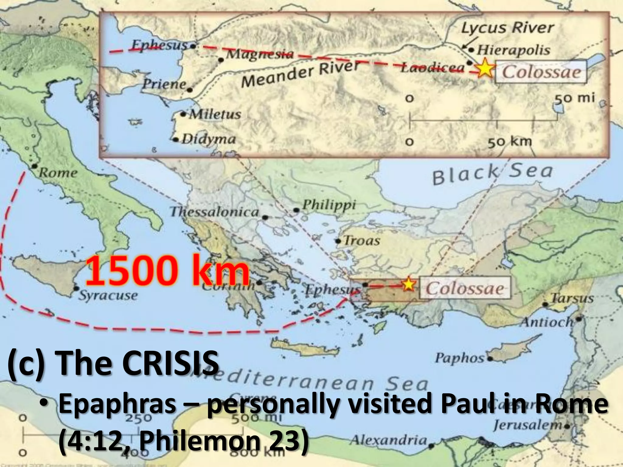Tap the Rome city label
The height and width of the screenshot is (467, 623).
click(58, 173)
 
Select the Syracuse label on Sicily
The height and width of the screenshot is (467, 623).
click(108, 295)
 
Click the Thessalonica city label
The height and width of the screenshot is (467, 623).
click(214, 212)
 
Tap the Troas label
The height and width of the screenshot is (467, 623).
click(362, 241)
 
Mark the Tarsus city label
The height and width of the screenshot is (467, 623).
click(572, 298)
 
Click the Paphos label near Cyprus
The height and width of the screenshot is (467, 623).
click(459, 358)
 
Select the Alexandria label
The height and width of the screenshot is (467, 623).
click(388, 440)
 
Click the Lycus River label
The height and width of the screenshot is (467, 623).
click(507, 28)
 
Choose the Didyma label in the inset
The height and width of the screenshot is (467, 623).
click(209, 139)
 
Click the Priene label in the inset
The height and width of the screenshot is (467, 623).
click(165, 84)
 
